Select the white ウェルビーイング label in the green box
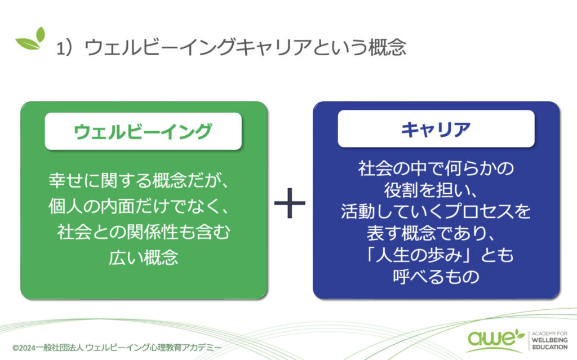point(143,131)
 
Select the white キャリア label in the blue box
point(436,129)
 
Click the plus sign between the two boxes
point(290,203)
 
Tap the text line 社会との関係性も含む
point(144,232)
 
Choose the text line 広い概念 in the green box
point(144,257)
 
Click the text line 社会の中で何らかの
point(436,168)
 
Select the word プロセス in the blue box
point(478,211)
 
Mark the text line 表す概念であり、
point(431,233)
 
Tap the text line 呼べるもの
point(436,277)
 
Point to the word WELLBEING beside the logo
point(550,340)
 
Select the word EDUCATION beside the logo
point(550,347)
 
